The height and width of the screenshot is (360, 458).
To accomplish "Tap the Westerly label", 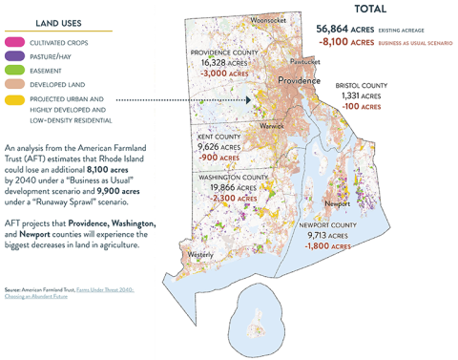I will point(200,255).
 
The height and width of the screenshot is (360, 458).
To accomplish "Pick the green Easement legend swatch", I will point(14,70).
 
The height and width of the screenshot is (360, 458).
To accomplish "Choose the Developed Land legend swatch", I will point(14,84).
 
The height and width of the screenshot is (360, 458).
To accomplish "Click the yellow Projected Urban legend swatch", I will point(14,99).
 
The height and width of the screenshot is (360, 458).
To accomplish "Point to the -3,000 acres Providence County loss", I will point(226,73).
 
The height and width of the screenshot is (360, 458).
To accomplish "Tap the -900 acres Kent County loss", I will point(219,159).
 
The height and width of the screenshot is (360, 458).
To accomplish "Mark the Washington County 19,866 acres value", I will point(228,189).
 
